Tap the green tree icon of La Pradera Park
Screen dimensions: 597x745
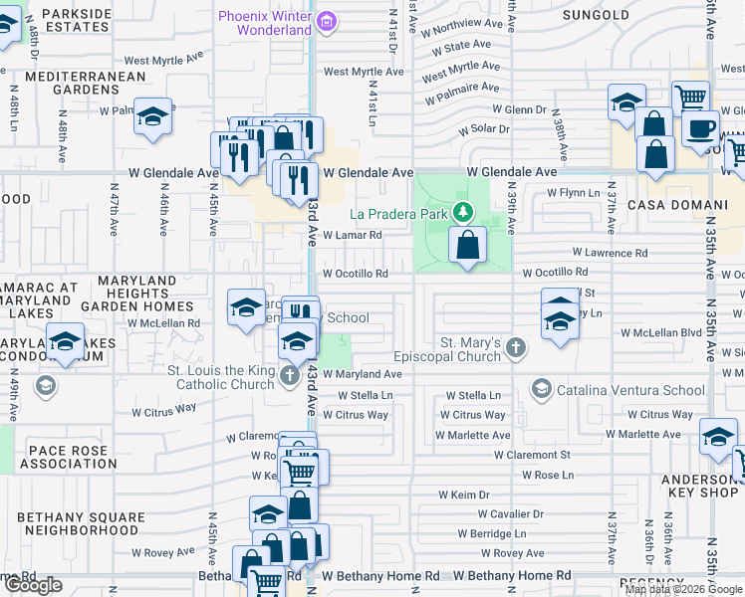(x=462, y=212)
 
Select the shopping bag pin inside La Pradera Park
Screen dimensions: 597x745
(x=467, y=244)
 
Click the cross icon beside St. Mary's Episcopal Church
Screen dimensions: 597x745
(x=515, y=347)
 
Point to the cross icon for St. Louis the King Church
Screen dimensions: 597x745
(x=289, y=375)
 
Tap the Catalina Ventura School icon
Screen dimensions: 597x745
(x=541, y=388)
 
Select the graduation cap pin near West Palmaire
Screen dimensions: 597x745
(x=153, y=117)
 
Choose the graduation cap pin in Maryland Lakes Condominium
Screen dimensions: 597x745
(x=66, y=342)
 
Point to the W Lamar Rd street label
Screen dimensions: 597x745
(x=353, y=236)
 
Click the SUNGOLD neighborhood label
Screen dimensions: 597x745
(x=596, y=15)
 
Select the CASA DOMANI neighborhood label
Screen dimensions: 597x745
(x=666, y=204)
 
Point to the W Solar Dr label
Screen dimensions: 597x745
(x=484, y=129)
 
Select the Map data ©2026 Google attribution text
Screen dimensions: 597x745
(x=683, y=589)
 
